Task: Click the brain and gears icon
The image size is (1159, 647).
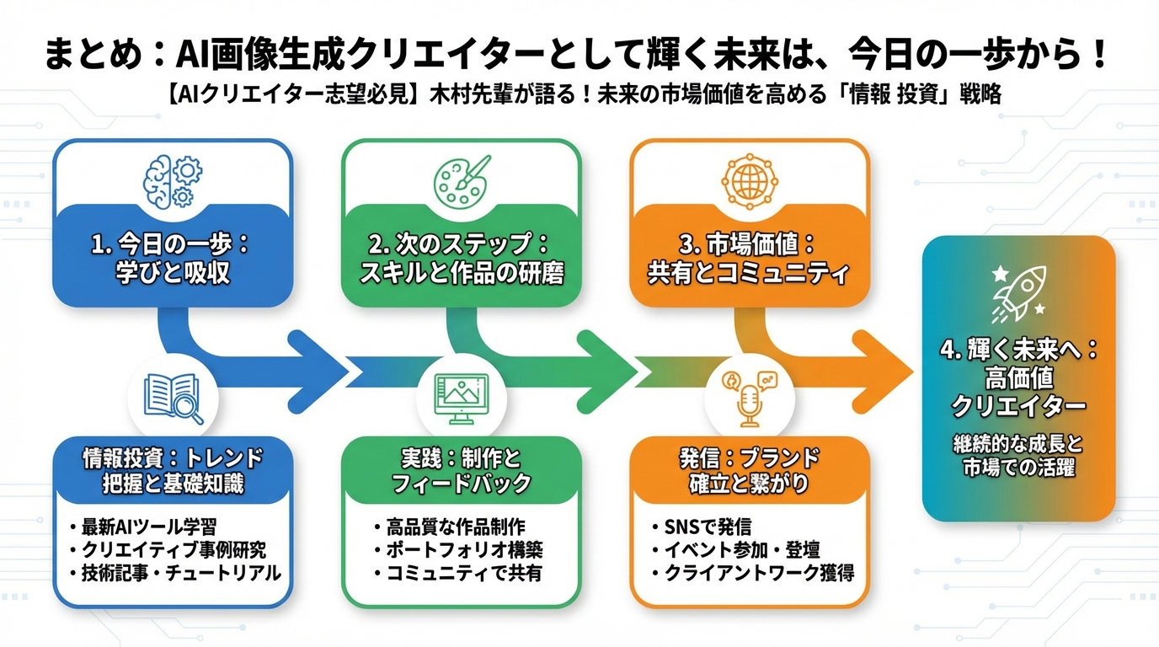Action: [172, 179]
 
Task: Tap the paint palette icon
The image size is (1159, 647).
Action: [461, 179]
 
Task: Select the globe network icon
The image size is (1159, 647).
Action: [749, 179]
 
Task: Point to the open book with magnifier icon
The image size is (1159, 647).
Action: [174, 398]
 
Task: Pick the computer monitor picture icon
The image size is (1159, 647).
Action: [461, 398]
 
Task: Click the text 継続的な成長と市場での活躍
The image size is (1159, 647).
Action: [1018, 455]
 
